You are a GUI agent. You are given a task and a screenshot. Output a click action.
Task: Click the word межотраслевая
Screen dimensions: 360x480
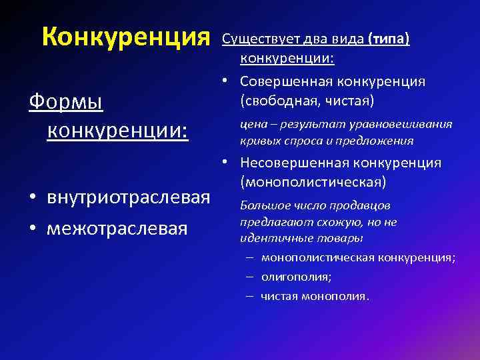116,229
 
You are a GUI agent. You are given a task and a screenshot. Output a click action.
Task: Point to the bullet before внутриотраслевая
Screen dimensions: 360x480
32,199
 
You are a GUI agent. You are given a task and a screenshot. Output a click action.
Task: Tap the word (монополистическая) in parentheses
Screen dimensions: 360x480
311,181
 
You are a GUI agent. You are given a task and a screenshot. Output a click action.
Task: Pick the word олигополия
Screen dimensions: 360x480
296,276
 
